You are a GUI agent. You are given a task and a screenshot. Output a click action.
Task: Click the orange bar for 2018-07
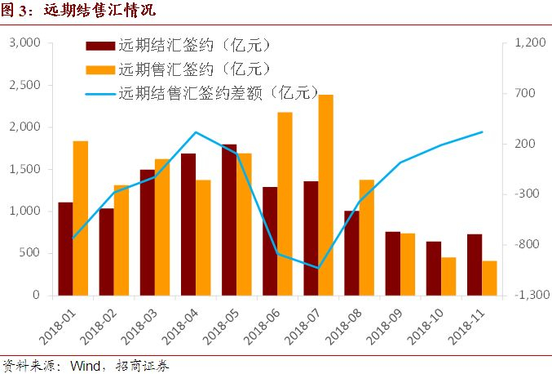325,195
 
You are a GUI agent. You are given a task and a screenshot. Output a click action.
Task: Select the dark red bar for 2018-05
229,220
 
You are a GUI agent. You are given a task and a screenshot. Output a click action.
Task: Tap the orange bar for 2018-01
80,218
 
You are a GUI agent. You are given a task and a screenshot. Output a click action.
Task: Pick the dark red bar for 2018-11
474,265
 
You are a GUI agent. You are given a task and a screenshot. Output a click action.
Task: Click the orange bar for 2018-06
285,203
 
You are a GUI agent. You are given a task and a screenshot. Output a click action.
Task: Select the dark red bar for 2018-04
188,224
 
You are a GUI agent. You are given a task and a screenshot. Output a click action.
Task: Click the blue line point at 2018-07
318,267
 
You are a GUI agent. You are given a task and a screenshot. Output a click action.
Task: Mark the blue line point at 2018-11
481,132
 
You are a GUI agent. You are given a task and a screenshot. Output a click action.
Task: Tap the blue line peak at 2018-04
196,132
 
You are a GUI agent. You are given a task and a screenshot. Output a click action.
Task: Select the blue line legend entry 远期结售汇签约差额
217,93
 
